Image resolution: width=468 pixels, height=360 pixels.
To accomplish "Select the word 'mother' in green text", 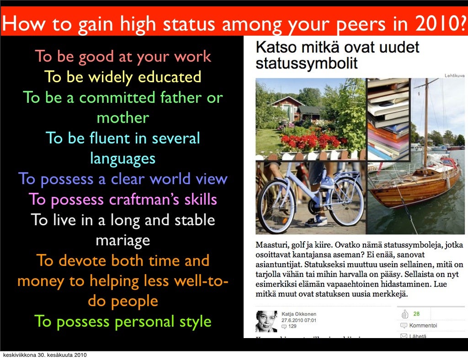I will [x=122, y=118].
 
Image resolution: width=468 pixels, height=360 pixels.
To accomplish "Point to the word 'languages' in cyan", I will [x=122, y=159].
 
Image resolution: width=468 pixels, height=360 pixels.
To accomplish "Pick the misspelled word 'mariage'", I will [x=122, y=240].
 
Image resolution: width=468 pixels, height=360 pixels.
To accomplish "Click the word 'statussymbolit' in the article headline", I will [x=307, y=63].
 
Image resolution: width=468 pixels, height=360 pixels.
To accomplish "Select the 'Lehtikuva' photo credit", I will [x=454, y=75].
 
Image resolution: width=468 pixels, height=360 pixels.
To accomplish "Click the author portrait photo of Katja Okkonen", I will [x=266, y=321].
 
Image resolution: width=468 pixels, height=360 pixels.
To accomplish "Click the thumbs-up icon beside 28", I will [x=404, y=314].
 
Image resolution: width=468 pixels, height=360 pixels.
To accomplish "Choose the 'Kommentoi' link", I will [x=423, y=326].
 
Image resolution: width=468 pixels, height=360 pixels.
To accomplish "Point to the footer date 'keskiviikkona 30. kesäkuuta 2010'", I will [x=44, y=355].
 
